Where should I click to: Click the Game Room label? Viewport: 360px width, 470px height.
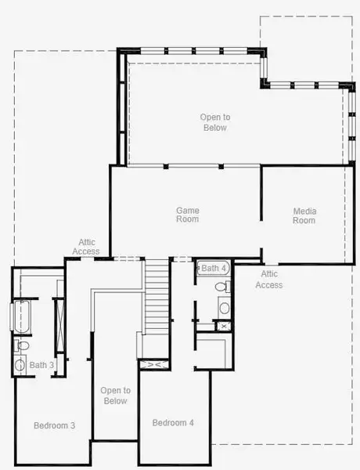coord(188,215)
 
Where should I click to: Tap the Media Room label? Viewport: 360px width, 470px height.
coord(304,216)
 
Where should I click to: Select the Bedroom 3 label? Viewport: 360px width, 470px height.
coord(55,425)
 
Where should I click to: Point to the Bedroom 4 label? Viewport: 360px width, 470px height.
coord(173,423)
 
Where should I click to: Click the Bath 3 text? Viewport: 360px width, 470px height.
coord(41,365)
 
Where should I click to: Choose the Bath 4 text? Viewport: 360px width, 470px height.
coord(214,268)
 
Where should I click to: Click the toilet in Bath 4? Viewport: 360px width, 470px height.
coord(223,287)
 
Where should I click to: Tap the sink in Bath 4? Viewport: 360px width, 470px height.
coord(225,308)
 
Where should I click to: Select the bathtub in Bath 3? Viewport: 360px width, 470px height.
coord(21,316)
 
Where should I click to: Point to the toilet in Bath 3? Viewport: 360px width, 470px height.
coord(22,345)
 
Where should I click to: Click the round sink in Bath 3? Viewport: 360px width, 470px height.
coord(20,365)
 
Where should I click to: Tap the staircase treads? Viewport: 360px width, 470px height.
coord(156,297)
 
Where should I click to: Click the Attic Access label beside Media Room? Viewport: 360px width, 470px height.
coord(269,280)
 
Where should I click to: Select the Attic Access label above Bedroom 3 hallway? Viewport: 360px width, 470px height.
coord(86,247)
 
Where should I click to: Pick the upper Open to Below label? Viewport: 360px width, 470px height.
coord(215,122)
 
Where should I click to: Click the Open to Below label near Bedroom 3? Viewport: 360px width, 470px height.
coord(116,396)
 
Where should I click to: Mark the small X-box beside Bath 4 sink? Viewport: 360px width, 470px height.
coord(223,326)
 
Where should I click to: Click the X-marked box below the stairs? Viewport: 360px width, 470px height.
coord(154,364)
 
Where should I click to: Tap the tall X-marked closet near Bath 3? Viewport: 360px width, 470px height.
coord(59,325)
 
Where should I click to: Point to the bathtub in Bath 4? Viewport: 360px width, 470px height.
coord(213,268)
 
